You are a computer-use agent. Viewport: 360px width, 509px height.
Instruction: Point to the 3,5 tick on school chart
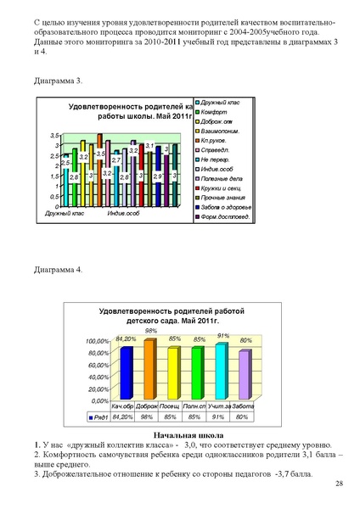pos(53,136)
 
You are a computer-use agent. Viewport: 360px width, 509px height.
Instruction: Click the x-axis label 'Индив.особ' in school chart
pos(123,213)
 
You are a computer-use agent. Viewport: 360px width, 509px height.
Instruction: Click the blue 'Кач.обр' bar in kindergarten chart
pos(126,372)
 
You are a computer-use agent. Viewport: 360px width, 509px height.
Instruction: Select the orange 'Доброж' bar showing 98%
pos(150,368)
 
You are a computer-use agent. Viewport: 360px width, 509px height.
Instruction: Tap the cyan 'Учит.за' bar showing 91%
pos(221,370)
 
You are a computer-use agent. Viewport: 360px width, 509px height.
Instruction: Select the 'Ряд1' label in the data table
pos(102,417)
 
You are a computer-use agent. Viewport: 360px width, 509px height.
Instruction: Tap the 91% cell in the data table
pos(222,417)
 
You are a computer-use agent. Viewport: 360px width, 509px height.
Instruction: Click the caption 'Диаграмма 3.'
pos(58,81)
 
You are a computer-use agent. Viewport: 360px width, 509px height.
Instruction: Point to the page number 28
pos(339,484)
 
